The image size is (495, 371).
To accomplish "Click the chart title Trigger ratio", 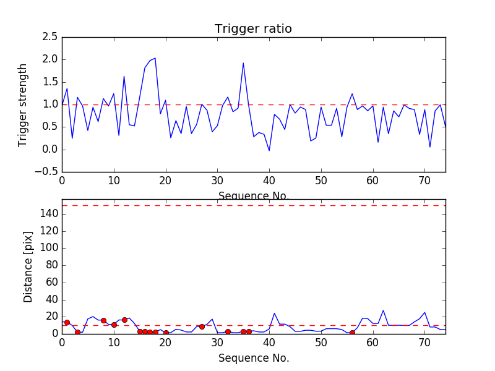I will [253, 29].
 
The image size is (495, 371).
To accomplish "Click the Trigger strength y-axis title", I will [23, 104].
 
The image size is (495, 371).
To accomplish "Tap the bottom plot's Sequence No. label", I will [253, 358].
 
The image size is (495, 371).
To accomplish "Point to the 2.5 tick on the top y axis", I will [50, 37].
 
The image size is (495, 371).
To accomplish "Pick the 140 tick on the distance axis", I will [49, 214].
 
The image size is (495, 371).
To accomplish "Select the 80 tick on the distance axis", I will [51, 265].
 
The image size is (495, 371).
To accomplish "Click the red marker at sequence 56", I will [352, 333].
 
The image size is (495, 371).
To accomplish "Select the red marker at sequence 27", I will [202, 326].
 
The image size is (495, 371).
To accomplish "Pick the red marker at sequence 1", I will [67, 322].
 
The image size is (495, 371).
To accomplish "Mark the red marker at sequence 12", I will [124, 320].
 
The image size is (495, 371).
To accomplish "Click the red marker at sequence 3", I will [77, 332].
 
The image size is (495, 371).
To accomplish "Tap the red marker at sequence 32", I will [228, 332].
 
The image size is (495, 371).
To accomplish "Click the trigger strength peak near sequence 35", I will [243, 63].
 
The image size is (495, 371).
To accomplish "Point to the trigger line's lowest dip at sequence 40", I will [269, 150].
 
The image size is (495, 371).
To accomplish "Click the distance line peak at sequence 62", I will [383, 310].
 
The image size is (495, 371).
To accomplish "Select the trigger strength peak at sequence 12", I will [124, 77].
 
